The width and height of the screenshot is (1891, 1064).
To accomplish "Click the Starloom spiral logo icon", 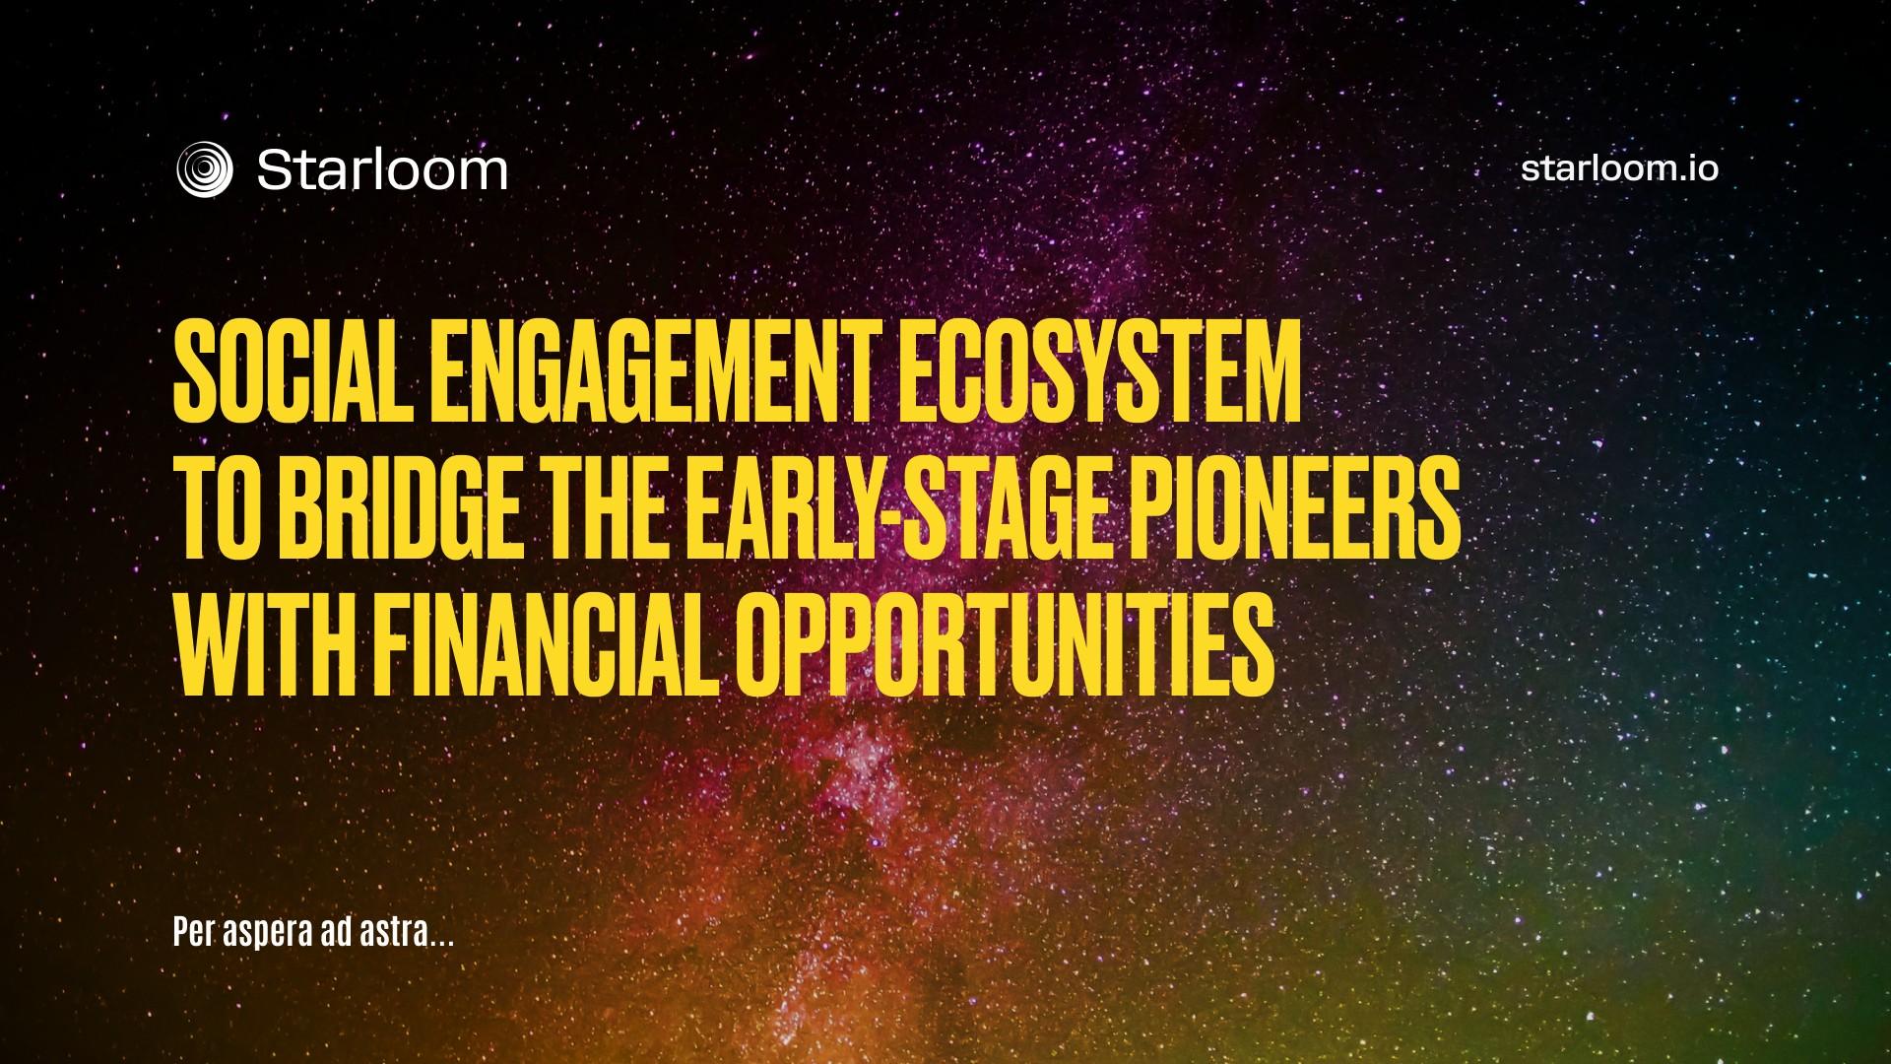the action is [204, 169].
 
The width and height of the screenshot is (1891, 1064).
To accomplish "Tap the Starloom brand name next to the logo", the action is [382, 169].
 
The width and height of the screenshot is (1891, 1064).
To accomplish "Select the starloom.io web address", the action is [1619, 167].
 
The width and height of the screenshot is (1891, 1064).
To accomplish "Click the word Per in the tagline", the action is [193, 933].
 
